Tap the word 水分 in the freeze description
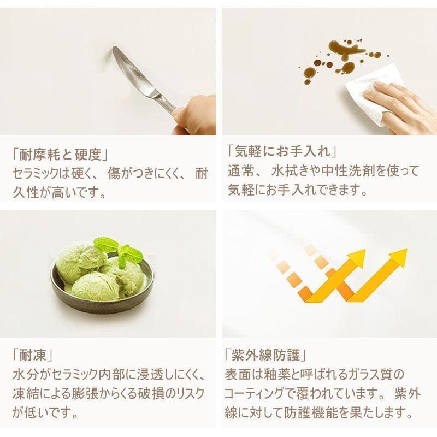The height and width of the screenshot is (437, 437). pos(23,376)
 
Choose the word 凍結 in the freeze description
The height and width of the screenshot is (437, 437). pos(23,393)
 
